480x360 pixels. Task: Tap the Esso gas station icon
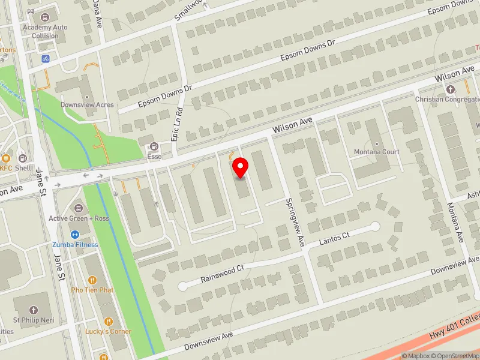(x=154, y=146)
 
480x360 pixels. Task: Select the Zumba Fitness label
(x=74, y=245)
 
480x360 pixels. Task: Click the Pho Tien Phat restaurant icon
(x=92, y=280)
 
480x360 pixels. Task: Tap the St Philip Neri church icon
(x=33, y=310)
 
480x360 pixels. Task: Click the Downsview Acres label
(x=87, y=104)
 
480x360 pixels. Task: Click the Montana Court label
(x=376, y=152)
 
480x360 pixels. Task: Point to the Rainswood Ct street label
(x=223, y=270)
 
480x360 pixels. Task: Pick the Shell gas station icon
(x=23, y=158)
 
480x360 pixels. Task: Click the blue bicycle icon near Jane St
(x=45, y=59)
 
